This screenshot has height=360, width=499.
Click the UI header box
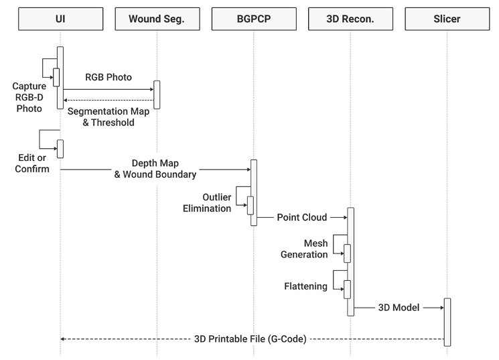click(60, 19)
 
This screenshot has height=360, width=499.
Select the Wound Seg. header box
click(157, 19)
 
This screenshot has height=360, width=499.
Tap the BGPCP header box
click(253, 19)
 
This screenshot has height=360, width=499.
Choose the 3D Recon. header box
click(350, 19)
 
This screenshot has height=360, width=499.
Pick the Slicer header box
click(447, 19)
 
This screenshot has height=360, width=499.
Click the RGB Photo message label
click(108, 76)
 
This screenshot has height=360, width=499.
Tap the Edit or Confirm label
click(32, 164)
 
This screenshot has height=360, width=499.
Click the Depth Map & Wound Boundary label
click(155, 170)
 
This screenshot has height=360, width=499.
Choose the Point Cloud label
click(302, 218)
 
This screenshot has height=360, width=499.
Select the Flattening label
click(305, 286)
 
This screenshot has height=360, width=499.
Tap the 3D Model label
click(399, 308)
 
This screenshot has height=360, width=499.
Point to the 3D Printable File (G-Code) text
click(250, 339)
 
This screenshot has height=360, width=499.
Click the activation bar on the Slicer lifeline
click(447, 322)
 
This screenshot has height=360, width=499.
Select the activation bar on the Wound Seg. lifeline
click(157, 95)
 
